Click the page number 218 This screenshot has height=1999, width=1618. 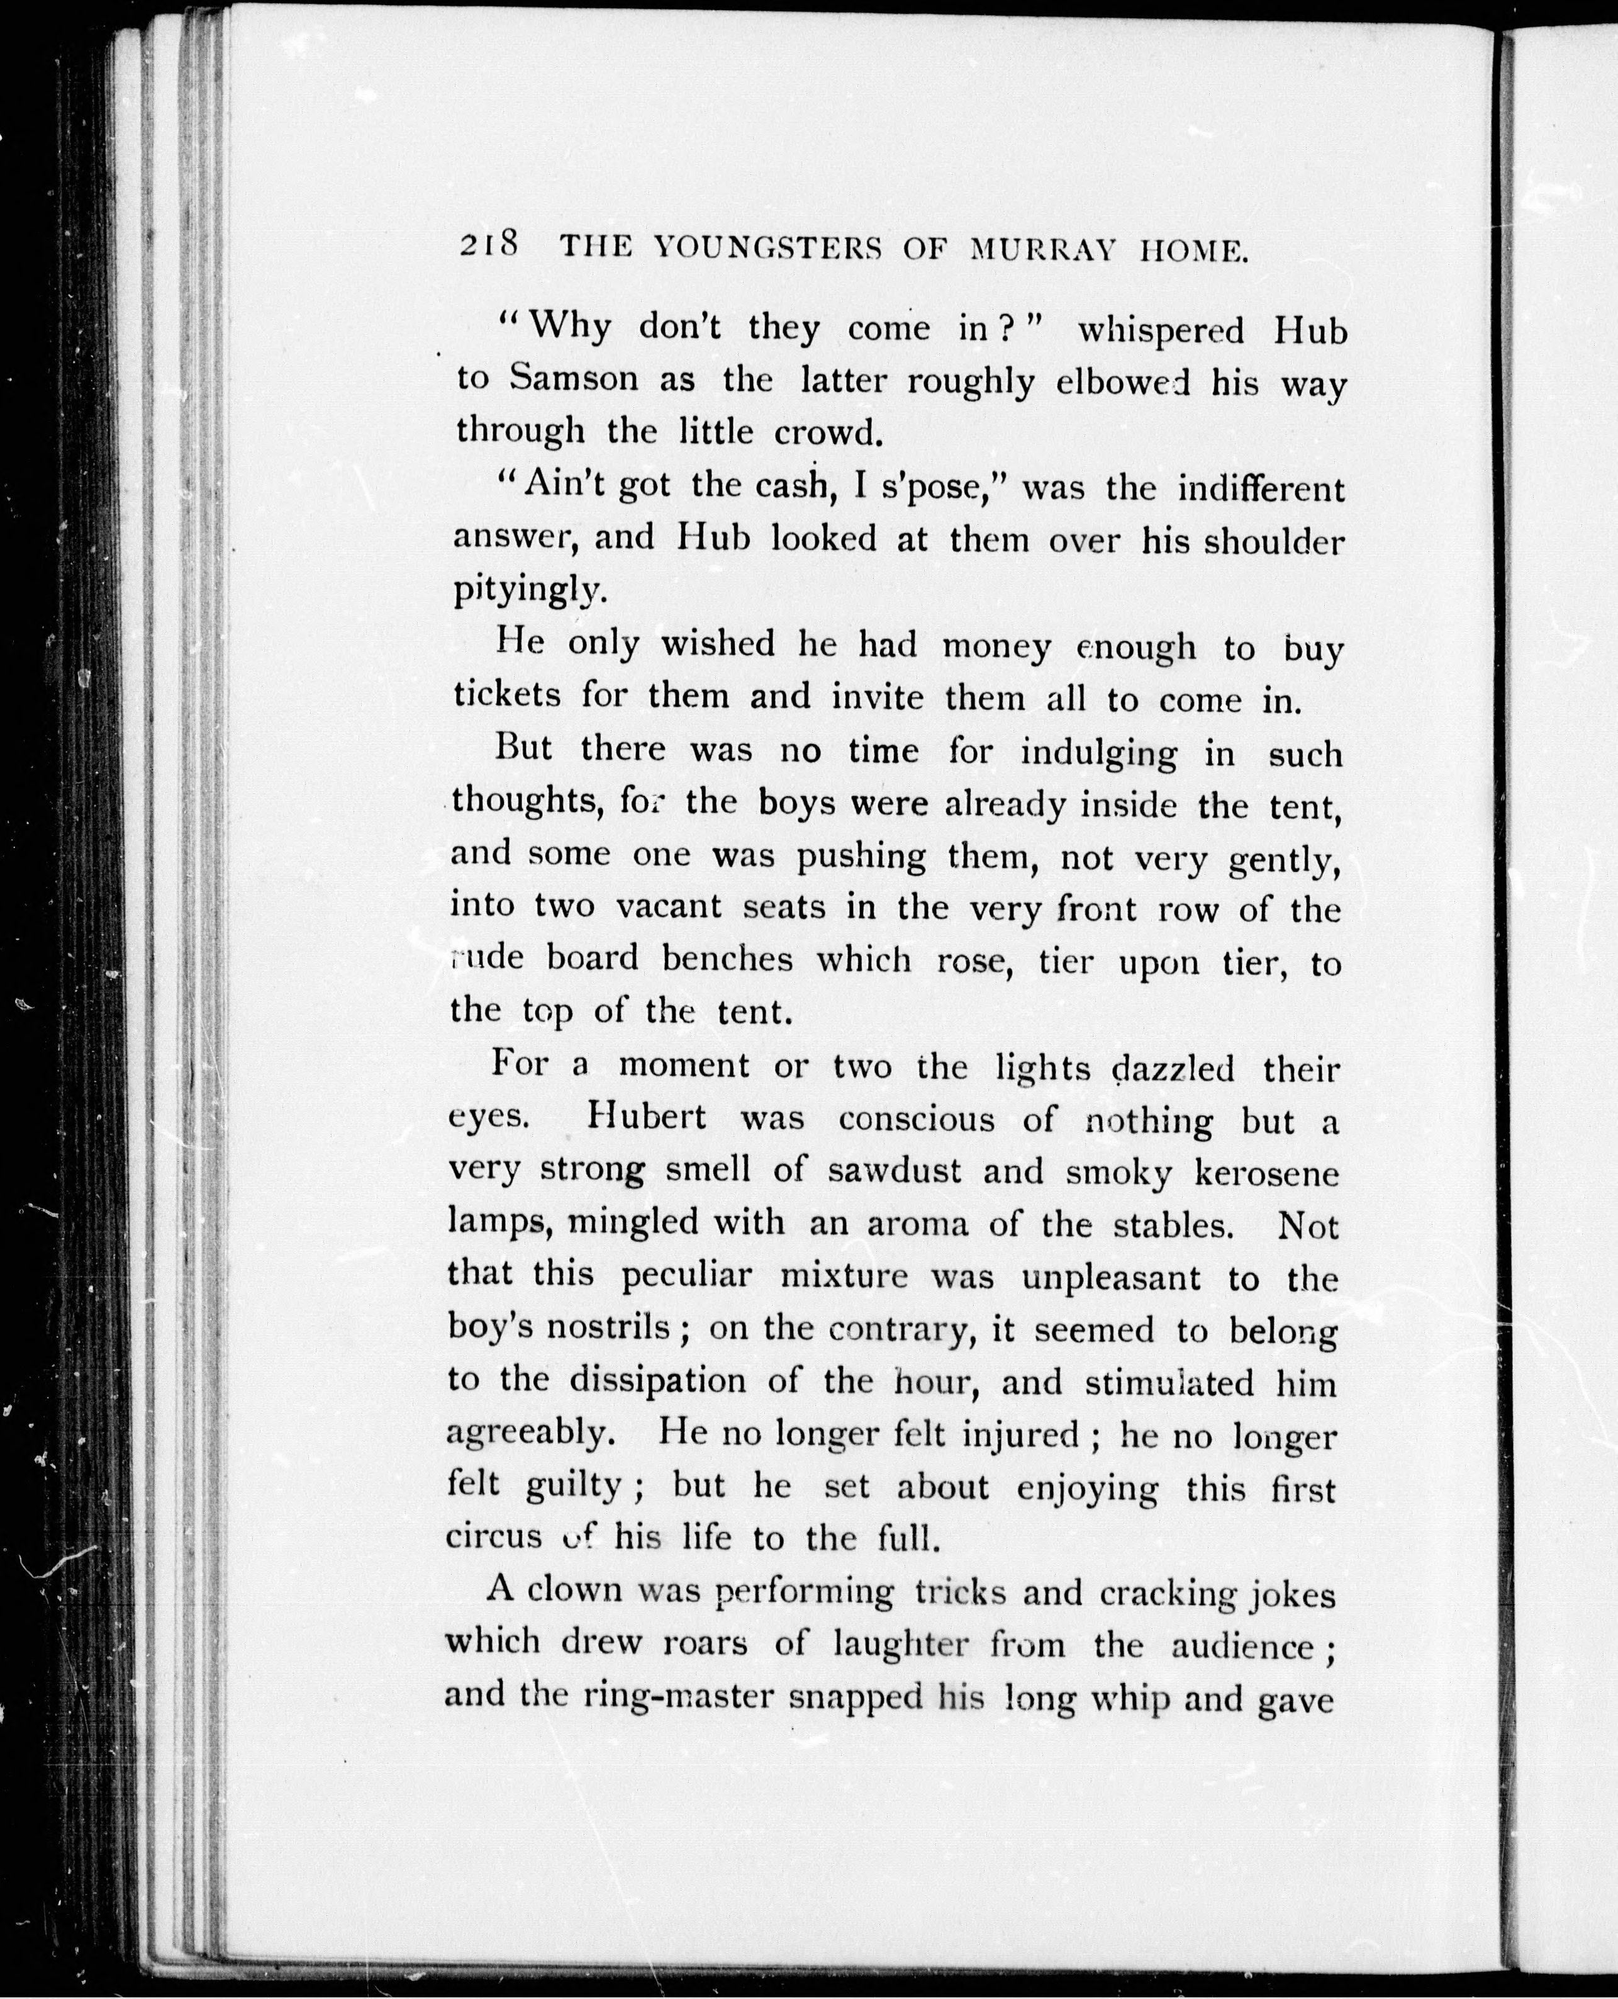pyautogui.click(x=488, y=245)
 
